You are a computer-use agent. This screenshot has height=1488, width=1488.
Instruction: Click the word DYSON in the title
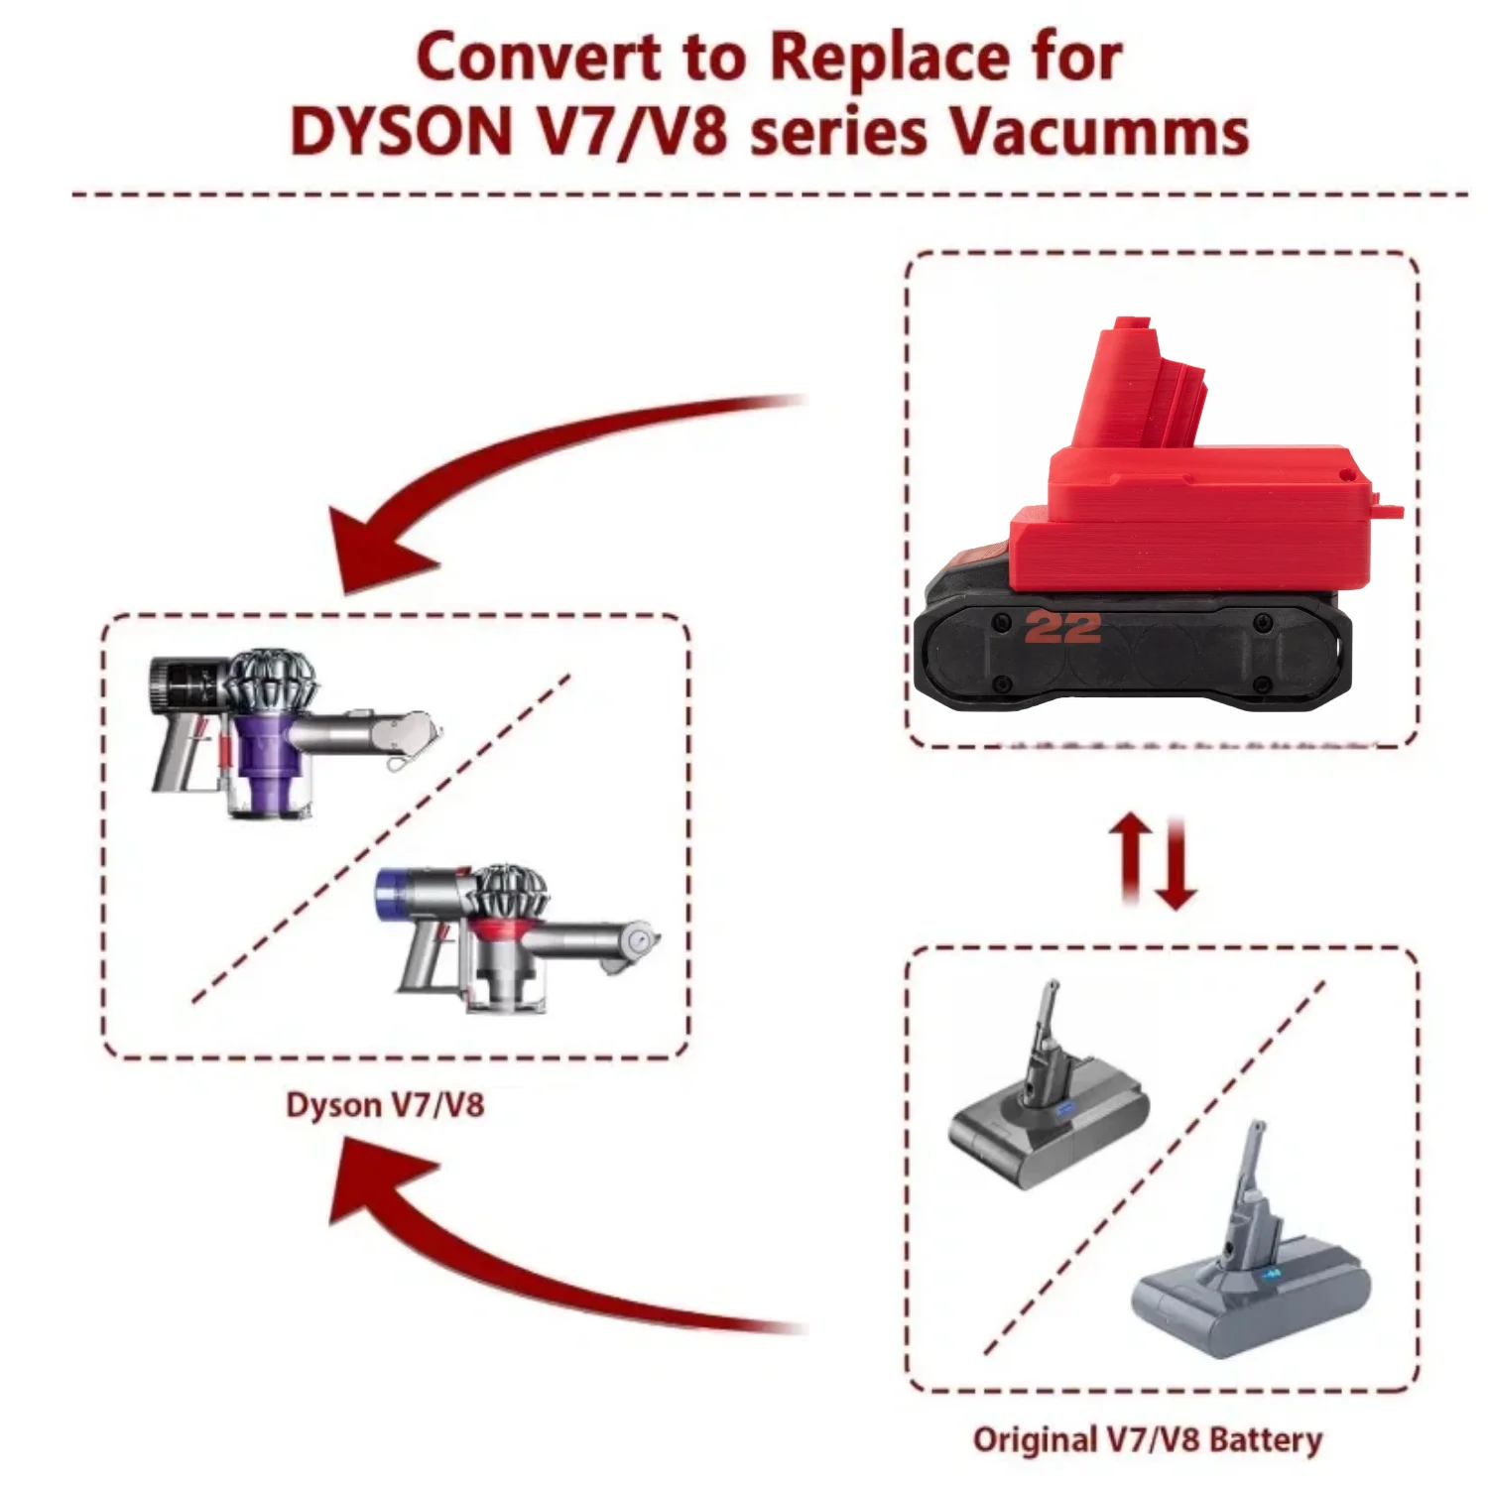coord(401,131)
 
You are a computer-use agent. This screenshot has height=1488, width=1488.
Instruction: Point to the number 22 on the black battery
coord(1062,628)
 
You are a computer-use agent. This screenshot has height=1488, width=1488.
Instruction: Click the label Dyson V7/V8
coord(385,1105)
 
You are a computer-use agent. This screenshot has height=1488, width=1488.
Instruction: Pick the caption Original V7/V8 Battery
coord(1148,1440)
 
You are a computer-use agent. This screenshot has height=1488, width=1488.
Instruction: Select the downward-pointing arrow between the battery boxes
coord(1178,863)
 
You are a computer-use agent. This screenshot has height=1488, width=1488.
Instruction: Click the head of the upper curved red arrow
coord(377,551)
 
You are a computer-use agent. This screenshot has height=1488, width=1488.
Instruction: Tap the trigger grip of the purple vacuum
coord(174,754)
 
